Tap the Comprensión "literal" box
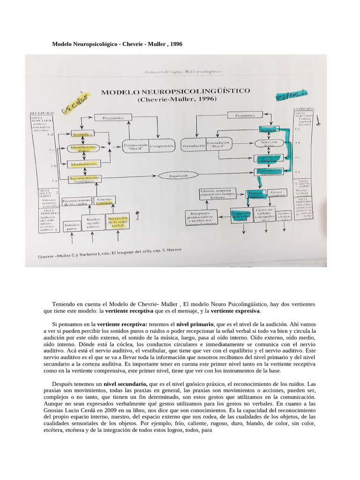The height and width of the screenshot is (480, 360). pyautogui.click(x=136, y=146)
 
